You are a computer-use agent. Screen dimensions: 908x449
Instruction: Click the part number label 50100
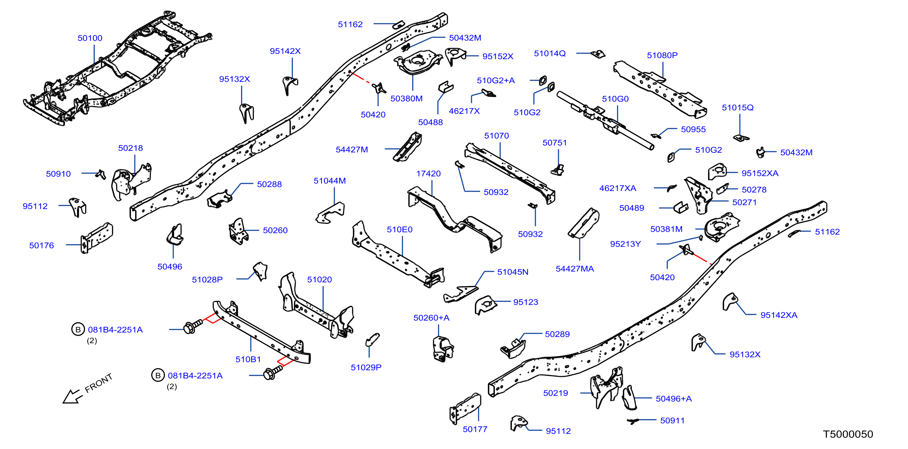pos(90,38)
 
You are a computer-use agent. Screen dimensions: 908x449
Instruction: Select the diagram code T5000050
pos(848,434)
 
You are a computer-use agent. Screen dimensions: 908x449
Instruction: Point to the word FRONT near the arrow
pos(99,383)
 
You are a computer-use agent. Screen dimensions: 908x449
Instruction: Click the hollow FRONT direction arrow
pos(73,397)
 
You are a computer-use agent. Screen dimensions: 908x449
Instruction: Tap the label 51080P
pos(662,55)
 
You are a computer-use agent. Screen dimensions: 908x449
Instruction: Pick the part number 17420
pos(428,174)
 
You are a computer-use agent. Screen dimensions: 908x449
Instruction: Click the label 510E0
pos(399,230)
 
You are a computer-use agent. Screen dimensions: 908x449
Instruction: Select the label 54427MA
pos(575,269)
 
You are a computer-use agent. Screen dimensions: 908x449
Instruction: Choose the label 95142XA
pos(779,315)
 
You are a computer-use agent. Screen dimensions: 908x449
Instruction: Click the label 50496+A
pos(674,399)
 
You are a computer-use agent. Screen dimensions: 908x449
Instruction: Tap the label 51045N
pos(512,272)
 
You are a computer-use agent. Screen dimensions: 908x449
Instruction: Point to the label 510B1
pos(248,359)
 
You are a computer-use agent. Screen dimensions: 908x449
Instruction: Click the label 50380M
pos(406,99)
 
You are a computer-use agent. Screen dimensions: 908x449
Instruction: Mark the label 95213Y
pos(625,244)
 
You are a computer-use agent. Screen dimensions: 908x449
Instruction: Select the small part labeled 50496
pos(175,234)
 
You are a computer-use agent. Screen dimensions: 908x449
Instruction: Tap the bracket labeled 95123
pos(485,305)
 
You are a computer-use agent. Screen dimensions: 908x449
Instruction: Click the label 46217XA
pos(618,188)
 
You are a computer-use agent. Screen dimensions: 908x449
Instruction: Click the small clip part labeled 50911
pos(633,421)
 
